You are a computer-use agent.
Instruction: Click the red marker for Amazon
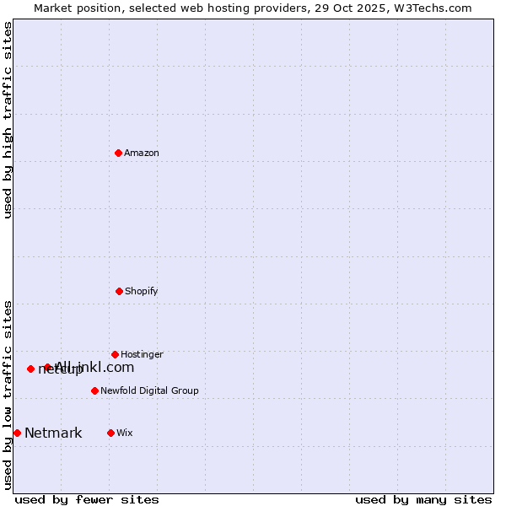click(118, 153)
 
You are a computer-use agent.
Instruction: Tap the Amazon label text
click(142, 153)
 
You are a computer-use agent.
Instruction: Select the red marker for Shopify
click(119, 291)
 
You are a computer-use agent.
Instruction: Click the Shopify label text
click(142, 292)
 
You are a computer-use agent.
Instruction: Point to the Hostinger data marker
click(115, 354)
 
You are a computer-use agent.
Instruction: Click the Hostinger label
click(142, 355)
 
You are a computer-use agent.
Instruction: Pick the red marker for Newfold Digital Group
click(94, 390)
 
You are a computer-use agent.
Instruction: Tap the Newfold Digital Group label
click(149, 391)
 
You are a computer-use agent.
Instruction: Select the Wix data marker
click(110, 433)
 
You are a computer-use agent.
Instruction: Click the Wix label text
click(125, 433)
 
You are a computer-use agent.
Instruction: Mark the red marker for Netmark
click(17, 433)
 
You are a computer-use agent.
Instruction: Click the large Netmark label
click(53, 433)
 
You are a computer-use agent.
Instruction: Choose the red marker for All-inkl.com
click(47, 367)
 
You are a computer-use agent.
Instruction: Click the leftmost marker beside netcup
click(30, 369)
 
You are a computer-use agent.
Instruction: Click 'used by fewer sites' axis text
click(87, 499)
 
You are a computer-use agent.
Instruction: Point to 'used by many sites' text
click(423, 499)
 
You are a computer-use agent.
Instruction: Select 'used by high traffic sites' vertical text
click(8, 120)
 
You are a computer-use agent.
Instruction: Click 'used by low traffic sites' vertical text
click(8, 395)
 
